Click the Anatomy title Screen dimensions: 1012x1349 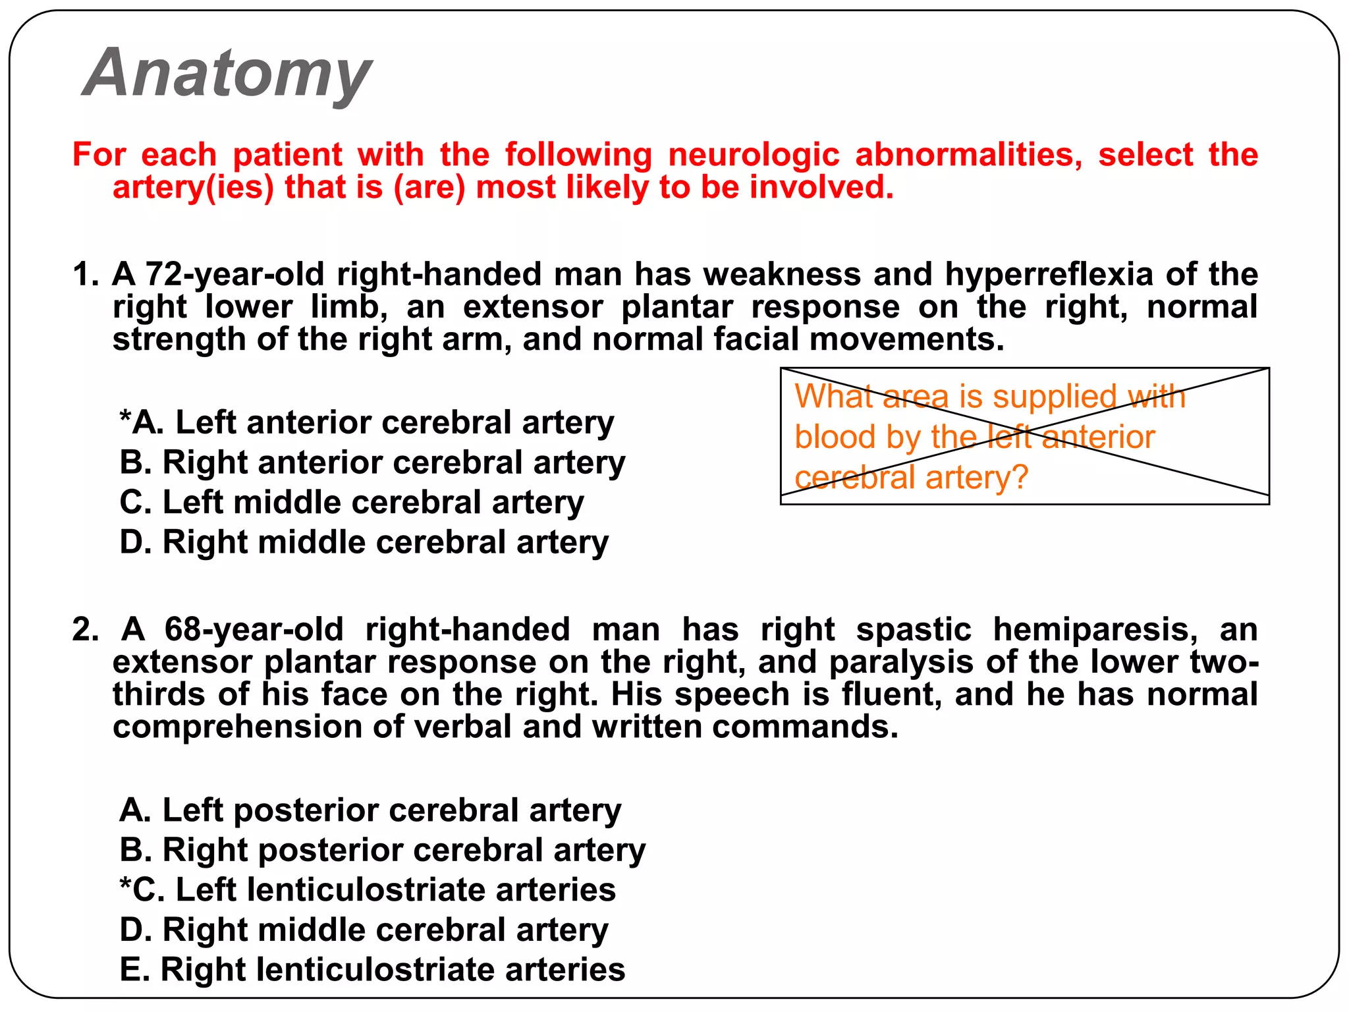[227, 74]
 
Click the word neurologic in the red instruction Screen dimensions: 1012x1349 [754, 155]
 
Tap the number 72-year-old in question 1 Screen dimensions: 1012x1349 [234, 274]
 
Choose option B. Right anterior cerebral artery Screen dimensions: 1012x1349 [372, 463]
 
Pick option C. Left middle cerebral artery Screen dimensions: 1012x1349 [352, 503]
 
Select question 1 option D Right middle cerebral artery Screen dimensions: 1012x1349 [364, 543]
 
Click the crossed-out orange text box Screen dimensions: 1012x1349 [1024, 436]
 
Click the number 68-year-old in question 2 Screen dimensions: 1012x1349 [254, 629]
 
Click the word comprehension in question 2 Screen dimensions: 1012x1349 [237, 727]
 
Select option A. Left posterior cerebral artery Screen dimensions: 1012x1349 [370, 810]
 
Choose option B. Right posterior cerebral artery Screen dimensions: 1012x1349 [382, 851]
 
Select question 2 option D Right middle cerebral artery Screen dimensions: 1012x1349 [364, 930]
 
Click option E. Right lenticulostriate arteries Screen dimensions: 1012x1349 [372, 970]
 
